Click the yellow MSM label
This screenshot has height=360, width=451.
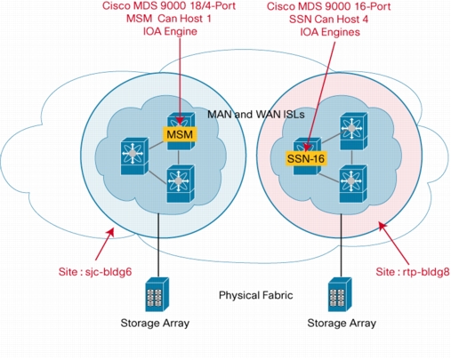tap(180, 134)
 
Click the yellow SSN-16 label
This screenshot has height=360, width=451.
tap(306, 158)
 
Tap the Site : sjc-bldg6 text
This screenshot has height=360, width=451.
tap(95, 272)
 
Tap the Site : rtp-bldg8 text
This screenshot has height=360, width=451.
tap(413, 272)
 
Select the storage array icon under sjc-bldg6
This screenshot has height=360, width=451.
tap(157, 294)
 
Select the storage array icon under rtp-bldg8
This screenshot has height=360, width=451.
tap(340, 294)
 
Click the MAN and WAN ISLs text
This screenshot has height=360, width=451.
tap(255, 115)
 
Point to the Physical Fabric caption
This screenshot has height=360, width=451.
tap(255, 295)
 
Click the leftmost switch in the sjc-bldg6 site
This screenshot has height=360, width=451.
tap(134, 156)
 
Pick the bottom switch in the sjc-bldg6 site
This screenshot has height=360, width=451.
tap(181, 184)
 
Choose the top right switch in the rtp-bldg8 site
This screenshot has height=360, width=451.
tap(353, 131)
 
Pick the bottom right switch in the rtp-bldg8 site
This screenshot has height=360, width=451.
tap(353, 184)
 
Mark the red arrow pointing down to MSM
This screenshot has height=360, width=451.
tap(180, 81)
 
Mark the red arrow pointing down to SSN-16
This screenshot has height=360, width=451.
tap(321, 96)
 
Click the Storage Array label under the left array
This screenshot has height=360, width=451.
tap(155, 323)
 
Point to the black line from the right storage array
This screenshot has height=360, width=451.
tap(341, 245)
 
